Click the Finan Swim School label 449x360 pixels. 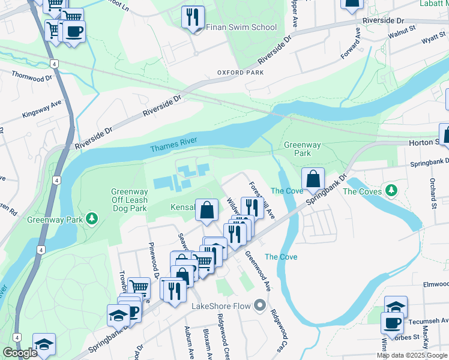[241, 27]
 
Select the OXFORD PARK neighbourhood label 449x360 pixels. [241, 73]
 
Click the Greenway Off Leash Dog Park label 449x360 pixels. [129, 200]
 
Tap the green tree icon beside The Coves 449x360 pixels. [392, 191]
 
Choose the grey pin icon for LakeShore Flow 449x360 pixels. [260, 306]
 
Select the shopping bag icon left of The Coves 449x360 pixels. [313, 178]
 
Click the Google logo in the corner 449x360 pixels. [20, 353]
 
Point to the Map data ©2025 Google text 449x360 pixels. [412, 355]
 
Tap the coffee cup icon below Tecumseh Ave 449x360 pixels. [392, 322]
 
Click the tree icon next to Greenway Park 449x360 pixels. [92, 217]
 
